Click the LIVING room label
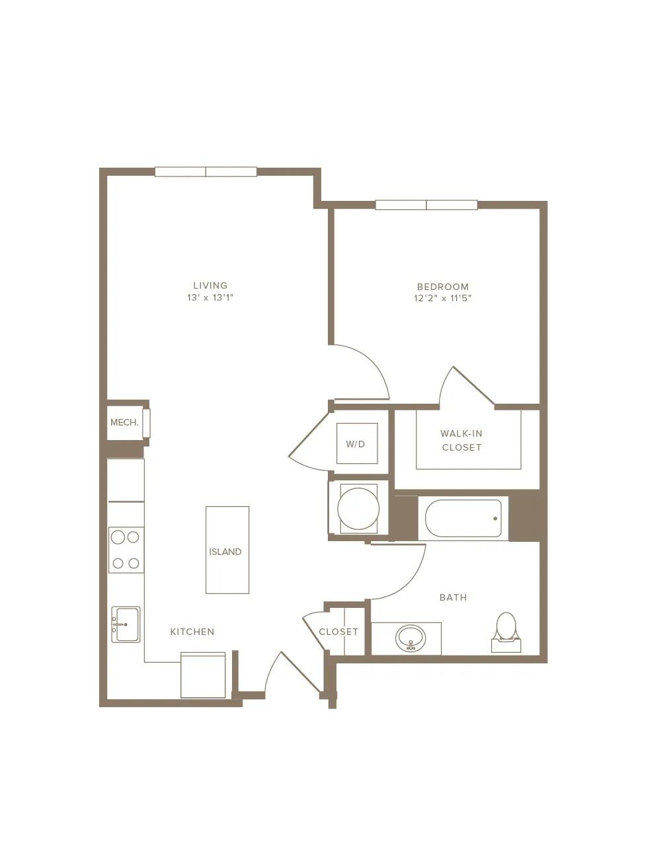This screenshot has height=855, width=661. (210, 285)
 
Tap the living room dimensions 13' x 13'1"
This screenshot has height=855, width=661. (210, 298)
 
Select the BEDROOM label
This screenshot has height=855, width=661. (443, 287)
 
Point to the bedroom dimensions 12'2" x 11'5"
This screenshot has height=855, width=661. (443, 298)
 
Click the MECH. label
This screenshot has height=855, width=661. (124, 423)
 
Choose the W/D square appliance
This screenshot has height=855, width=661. (357, 443)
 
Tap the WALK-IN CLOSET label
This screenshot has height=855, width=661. (461, 440)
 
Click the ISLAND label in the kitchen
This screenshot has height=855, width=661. (225, 552)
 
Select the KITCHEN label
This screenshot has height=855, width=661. (192, 632)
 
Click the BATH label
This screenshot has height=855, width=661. (453, 597)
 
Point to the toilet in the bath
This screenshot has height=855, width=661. (506, 632)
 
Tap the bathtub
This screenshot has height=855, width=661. (463, 518)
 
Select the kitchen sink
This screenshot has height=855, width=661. (126, 624)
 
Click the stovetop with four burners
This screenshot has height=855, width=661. (126, 550)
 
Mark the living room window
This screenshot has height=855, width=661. (206, 172)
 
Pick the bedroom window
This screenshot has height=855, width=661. (426, 205)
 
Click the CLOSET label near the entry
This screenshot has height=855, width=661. (338, 632)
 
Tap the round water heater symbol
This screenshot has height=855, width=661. (358, 509)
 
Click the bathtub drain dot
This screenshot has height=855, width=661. (495, 519)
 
